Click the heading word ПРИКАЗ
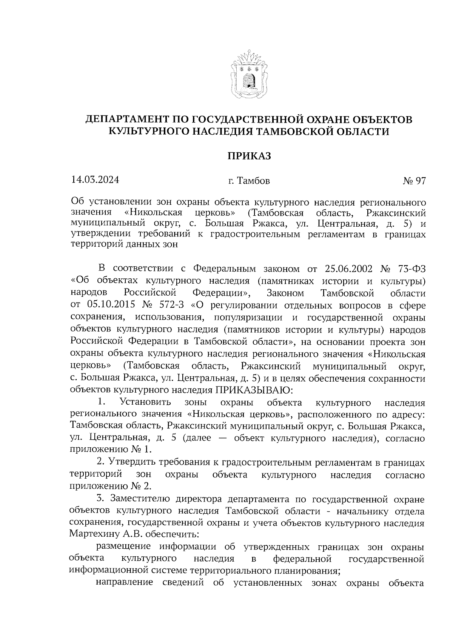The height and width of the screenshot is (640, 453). click(x=248, y=156)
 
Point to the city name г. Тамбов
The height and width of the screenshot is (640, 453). click(x=249, y=181)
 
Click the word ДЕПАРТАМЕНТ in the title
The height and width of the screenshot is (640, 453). click(x=127, y=120)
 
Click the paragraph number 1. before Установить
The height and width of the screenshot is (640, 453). click(x=101, y=402)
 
